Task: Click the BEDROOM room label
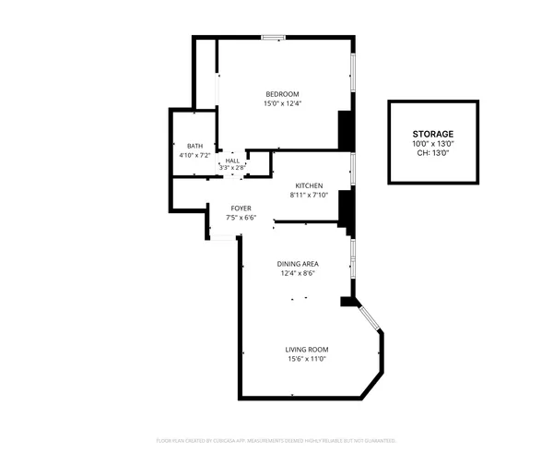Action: point(282,94)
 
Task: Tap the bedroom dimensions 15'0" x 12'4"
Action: point(282,103)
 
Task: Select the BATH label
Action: point(194,146)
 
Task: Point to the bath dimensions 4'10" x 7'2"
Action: point(194,155)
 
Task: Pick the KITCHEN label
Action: point(308,185)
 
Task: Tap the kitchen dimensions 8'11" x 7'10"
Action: point(308,195)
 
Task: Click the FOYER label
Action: point(241,209)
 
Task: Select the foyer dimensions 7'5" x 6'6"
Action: point(241,218)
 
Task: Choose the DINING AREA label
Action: point(298,264)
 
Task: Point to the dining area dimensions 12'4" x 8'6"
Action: point(298,273)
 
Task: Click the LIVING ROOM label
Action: point(306,349)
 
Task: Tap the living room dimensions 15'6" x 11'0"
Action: point(306,358)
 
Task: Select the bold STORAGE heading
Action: point(432,135)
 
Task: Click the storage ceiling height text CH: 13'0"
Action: point(432,153)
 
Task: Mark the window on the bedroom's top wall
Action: point(272,38)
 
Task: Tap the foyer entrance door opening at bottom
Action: point(223,238)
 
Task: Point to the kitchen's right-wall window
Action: point(352,171)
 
